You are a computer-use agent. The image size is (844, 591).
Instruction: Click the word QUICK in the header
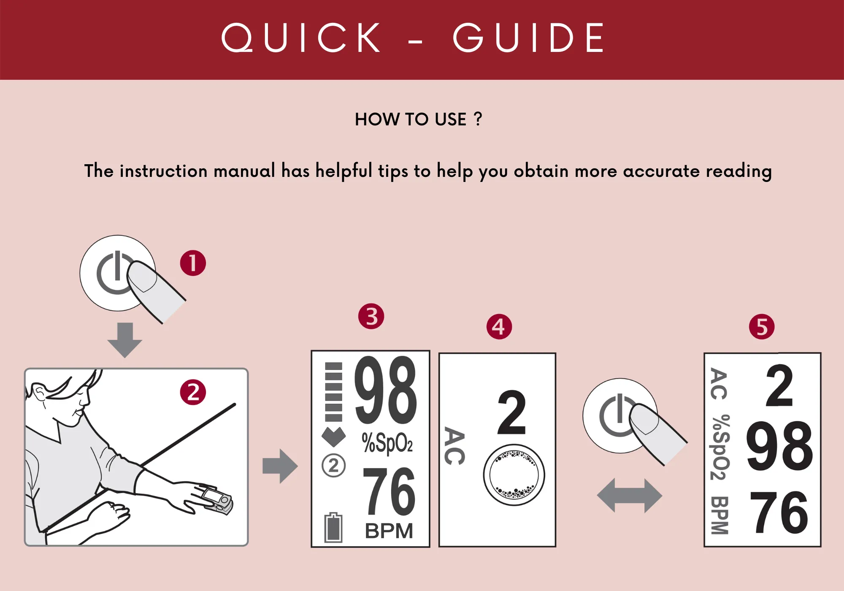tap(301, 38)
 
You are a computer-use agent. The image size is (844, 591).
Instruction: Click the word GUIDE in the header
tap(528, 38)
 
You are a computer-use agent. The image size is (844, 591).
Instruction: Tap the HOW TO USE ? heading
tap(418, 119)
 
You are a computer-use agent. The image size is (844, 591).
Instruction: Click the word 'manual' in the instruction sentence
tap(244, 171)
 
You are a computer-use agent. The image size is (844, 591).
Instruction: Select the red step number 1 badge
tap(193, 263)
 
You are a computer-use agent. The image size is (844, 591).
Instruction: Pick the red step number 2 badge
tap(193, 392)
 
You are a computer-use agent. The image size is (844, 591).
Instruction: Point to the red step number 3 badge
tap(371, 316)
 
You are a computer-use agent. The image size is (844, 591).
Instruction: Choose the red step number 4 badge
tap(499, 326)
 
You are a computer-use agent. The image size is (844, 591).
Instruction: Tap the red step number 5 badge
tap(762, 326)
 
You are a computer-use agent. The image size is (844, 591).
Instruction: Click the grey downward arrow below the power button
tap(124, 340)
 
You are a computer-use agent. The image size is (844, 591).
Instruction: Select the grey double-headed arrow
tap(630, 496)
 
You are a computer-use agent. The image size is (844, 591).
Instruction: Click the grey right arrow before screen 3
tap(280, 466)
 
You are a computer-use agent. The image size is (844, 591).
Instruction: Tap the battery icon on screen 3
tap(333, 527)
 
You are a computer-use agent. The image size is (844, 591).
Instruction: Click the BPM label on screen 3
tap(389, 531)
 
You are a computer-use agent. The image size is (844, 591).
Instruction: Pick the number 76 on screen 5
tap(779, 513)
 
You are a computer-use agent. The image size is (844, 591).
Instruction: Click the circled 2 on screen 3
tap(333, 466)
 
